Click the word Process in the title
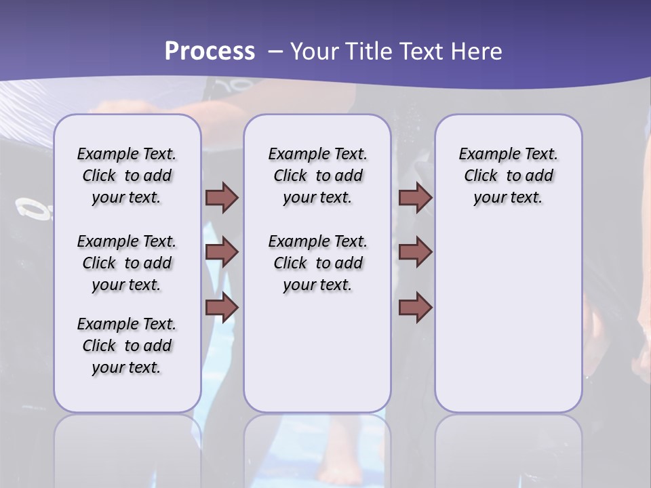pyautogui.click(x=210, y=51)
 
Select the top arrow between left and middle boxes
pyautogui.click(x=222, y=197)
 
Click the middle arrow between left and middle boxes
pyautogui.click(x=222, y=252)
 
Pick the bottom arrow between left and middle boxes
pyautogui.click(x=222, y=308)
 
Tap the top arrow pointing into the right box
pyautogui.click(x=415, y=197)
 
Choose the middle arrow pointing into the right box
pyautogui.click(x=415, y=252)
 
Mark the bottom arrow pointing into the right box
pyautogui.click(x=415, y=308)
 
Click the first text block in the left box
pyautogui.click(x=127, y=176)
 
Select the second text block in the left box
pyautogui.click(x=127, y=263)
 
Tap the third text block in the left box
pyautogui.click(x=127, y=346)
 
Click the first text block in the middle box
pyautogui.click(x=317, y=176)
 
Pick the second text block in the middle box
pyautogui.click(x=317, y=263)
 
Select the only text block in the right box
pyautogui.click(x=508, y=176)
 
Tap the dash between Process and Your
pyautogui.click(x=275, y=51)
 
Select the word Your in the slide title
pyautogui.click(x=314, y=51)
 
